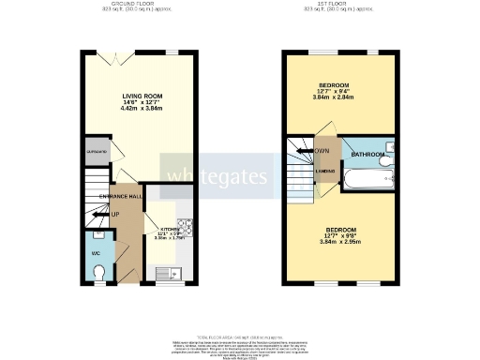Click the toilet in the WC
click(100, 272)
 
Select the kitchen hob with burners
click(185, 228)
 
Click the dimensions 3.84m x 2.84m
click(335, 96)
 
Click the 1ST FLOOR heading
click(335, 5)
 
